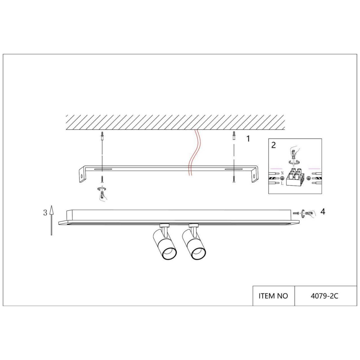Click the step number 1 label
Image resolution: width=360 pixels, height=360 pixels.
click(248, 139)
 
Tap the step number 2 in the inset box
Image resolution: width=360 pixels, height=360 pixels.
click(273, 145)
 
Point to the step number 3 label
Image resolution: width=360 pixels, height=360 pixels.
click(45, 213)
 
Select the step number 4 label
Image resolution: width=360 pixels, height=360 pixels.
click(322, 211)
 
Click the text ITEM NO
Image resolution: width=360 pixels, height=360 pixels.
click(273, 296)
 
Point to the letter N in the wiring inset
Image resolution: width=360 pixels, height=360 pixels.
click(282, 173)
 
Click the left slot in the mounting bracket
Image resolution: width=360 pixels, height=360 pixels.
click(103, 169)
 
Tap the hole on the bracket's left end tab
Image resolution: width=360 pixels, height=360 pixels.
click(80, 176)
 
